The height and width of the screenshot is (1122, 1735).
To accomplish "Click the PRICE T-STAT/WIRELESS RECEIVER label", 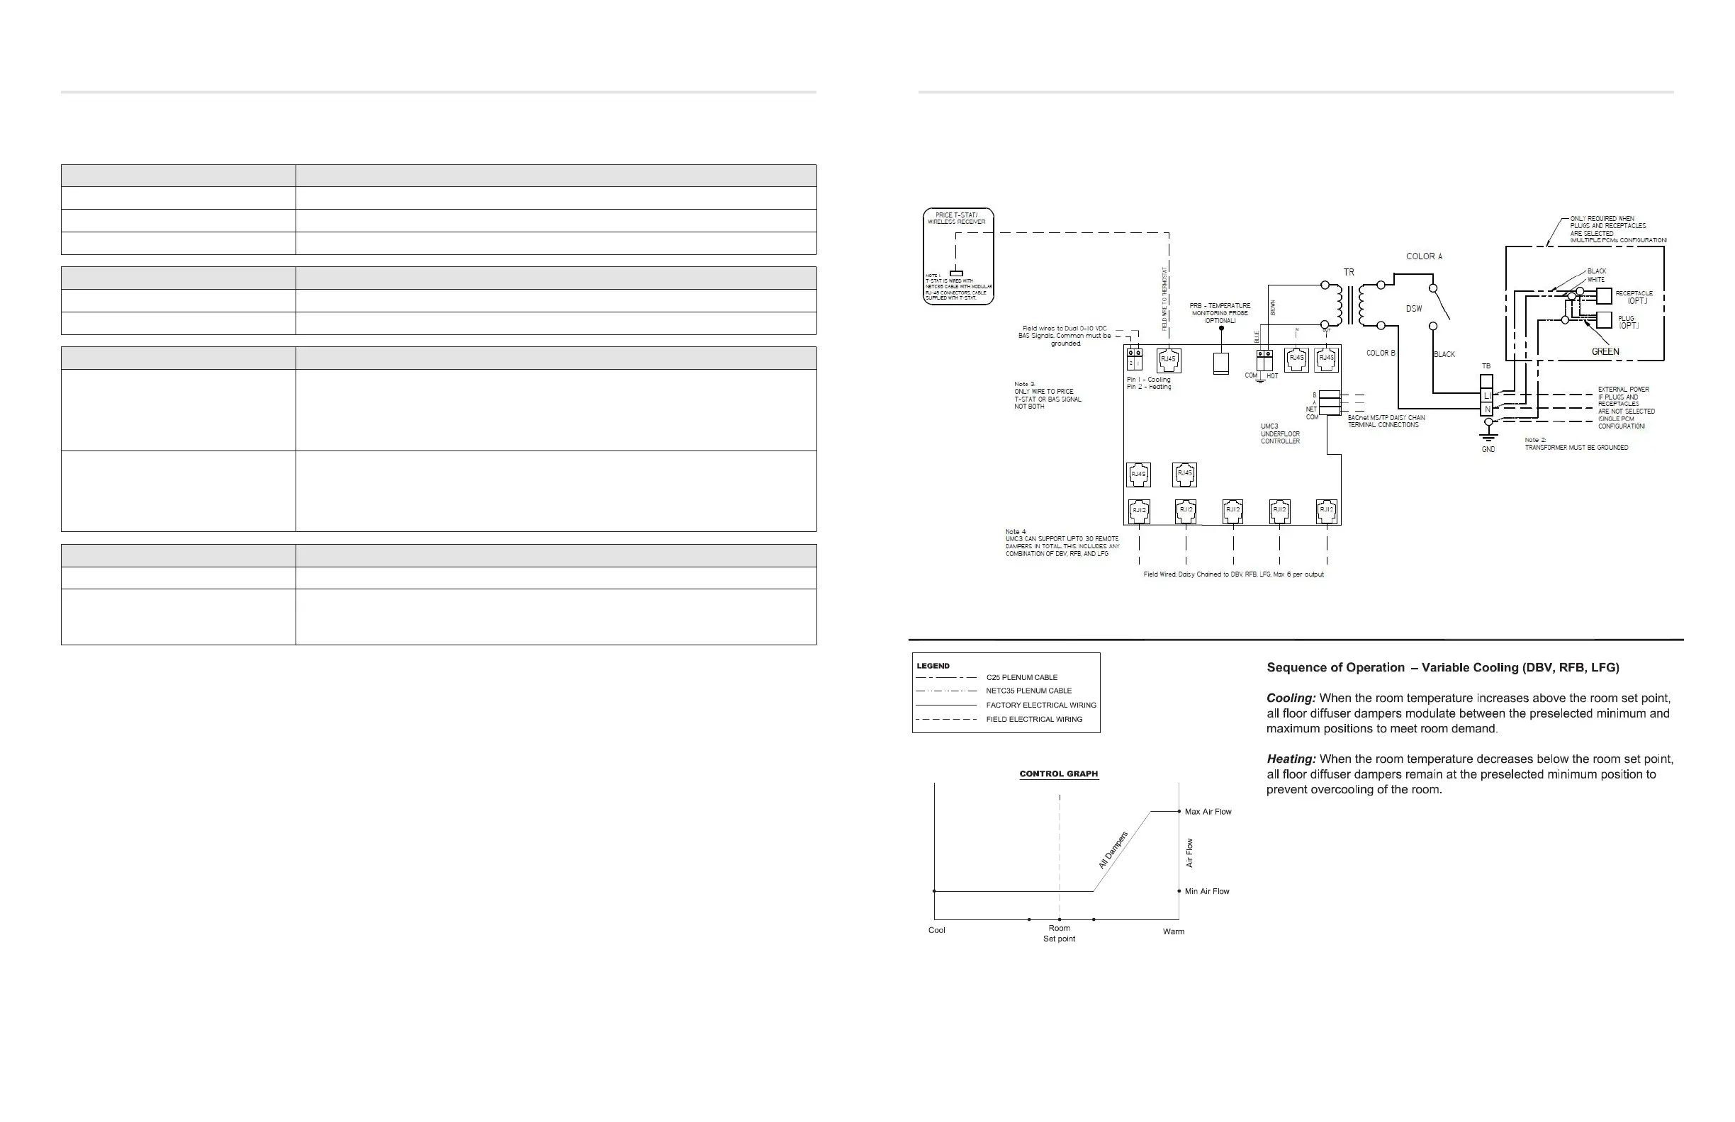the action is (956, 219).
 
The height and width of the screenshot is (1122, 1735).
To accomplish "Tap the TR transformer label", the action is (1349, 273).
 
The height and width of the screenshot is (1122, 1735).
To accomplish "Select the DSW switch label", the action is (1414, 309).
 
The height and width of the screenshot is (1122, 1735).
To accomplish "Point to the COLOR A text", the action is (1424, 256).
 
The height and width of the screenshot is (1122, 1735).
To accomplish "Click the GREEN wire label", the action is (1605, 352).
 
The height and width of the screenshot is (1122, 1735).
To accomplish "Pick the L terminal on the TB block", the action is (1486, 395).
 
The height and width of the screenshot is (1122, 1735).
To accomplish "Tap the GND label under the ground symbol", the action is (1488, 450).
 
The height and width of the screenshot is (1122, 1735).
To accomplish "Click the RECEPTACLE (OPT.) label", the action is (1634, 297).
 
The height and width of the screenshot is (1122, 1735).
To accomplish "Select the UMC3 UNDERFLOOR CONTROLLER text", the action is (1280, 433).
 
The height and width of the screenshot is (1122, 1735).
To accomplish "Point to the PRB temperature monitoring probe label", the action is (1220, 313).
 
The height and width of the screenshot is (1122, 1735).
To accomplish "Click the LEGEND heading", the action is (933, 666).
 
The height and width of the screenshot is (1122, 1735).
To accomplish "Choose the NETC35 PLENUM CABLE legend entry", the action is (1028, 691).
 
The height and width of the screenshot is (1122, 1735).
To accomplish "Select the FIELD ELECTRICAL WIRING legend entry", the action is (1034, 719).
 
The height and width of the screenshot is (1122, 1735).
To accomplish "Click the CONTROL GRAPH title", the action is (1058, 773).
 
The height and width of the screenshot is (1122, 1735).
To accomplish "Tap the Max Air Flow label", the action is (1208, 812).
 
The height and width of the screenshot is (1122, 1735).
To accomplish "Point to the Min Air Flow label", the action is (1206, 891).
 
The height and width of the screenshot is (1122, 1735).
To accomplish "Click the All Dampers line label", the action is (1113, 850).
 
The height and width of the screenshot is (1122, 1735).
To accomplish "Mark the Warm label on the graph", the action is (1173, 932).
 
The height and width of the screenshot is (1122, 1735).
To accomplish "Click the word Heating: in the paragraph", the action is (1291, 759).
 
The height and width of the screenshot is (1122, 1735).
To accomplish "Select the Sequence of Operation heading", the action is (1335, 667).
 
